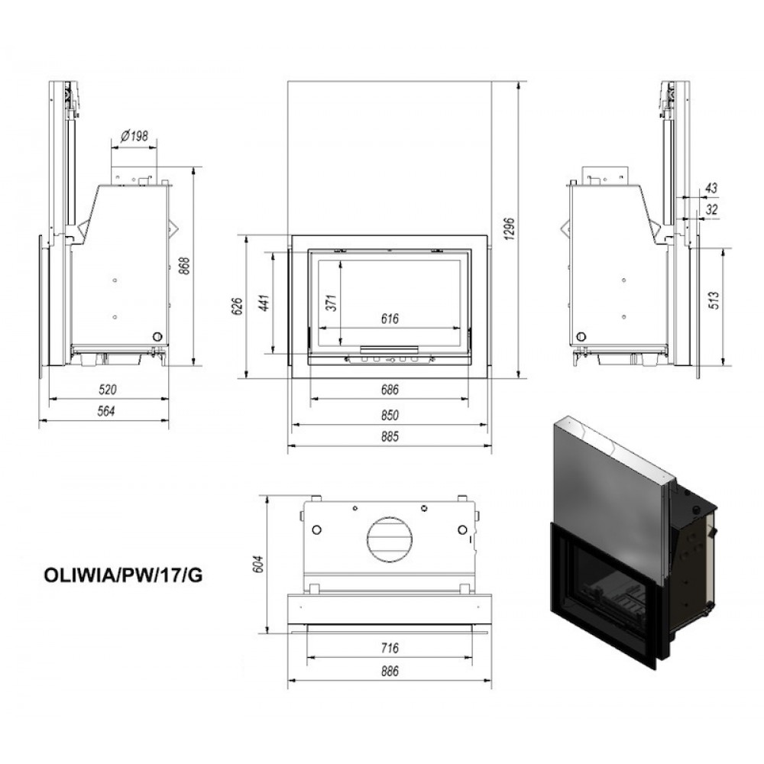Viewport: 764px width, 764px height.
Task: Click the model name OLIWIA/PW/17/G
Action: click(x=123, y=575)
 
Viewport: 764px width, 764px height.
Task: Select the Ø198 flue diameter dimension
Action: click(x=134, y=135)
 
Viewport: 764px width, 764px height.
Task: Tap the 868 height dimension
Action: click(x=184, y=266)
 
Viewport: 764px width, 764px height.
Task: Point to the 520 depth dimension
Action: click(x=108, y=390)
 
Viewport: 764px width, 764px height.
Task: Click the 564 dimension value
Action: click(x=106, y=411)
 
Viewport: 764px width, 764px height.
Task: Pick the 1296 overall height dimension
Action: click(x=509, y=228)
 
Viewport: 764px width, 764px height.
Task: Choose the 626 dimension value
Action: click(x=238, y=306)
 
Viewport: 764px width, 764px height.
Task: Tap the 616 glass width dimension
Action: click(x=390, y=319)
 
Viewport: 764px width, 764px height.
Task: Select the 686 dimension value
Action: click(x=390, y=390)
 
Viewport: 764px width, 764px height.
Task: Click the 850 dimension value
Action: click(x=390, y=415)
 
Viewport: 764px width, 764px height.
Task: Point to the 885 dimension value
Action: click(x=390, y=436)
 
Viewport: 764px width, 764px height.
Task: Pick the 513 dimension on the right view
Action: click(x=714, y=299)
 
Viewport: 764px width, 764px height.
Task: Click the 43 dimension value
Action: click(x=711, y=188)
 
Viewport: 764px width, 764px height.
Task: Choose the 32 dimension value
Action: click(x=712, y=209)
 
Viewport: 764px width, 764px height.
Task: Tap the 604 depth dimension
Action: click(x=258, y=564)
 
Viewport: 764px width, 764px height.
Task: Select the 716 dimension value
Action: click(x=390, y=648)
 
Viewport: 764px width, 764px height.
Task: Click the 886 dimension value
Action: click(x=390, y=671)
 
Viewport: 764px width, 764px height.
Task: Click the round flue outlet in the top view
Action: click(x=390, y=539)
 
